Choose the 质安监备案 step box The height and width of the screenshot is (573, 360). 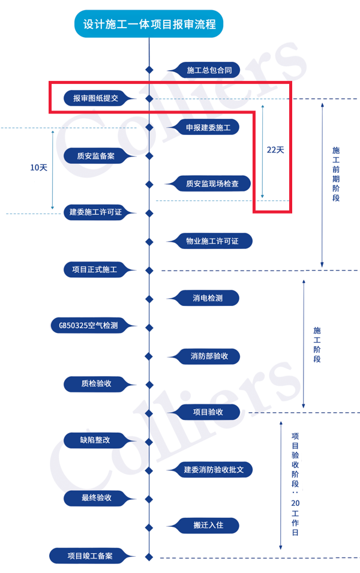(96, 156)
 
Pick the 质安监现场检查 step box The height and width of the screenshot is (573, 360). (212, 184)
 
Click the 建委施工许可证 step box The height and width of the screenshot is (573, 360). (95, 212)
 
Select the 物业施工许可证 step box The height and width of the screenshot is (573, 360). (212, 241)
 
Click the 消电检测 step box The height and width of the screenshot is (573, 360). (208, 298)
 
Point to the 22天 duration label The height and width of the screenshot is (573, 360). (275, 150)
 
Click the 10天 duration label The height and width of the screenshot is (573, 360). (38, 168)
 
